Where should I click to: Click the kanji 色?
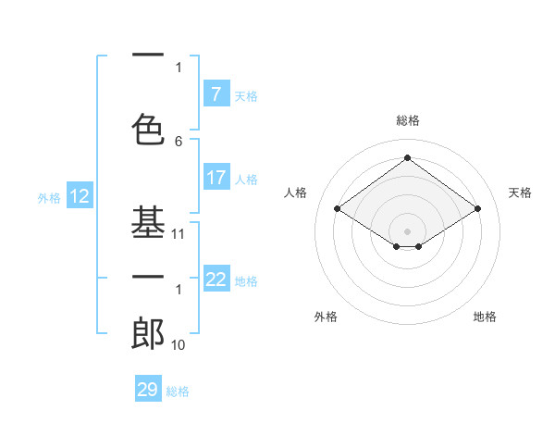(x=148, y=127)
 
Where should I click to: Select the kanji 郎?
(x=148, y=332)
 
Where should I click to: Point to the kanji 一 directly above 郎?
(x=148, y=277)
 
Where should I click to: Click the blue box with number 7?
(x=216, y=94)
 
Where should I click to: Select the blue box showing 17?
(x=216, y=178)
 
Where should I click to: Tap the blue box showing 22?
(x=216, y=280)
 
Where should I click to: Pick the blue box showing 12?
(x=79, y=196)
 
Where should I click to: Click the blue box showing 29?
(x=147, y=390)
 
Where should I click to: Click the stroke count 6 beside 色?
(x=179, y=142)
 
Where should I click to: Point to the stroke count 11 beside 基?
(x=179, y=234)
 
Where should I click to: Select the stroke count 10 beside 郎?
(x=179, y=345)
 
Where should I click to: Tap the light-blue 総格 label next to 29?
(x=178, y=391)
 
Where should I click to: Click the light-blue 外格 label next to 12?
(x=48, y=197)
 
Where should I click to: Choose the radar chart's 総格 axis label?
(x=407, y=120)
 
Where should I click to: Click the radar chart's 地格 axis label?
(x=485, y=317)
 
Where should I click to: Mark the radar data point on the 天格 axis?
(x=477, y=209)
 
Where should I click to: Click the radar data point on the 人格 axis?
(x=337, y=209)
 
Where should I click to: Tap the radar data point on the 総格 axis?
(x=407, y=158)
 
